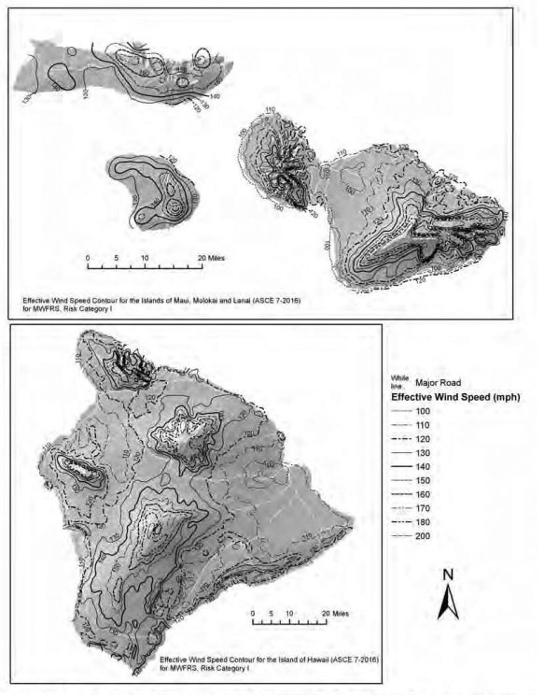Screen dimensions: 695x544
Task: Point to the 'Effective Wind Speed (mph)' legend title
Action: [x=454, y=396]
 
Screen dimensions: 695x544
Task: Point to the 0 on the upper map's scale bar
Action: [x=87, y=256]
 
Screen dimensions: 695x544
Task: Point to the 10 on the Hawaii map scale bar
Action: [x=290, y=614]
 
